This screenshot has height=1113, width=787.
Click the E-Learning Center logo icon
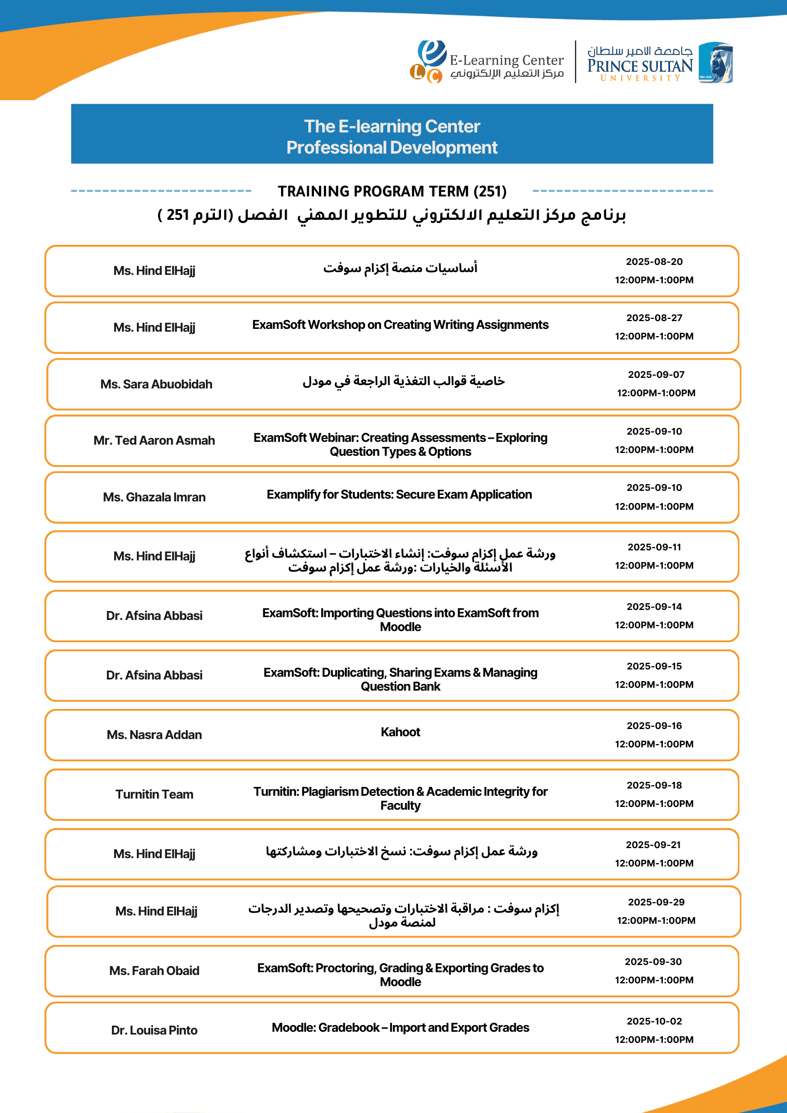tap(429, 62)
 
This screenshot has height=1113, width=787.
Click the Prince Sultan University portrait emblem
tap(716, 62)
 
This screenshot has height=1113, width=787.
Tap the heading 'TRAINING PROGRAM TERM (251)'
tap(392, 191)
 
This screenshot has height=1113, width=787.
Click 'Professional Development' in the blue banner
tap(392, 147)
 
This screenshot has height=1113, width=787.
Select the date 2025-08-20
tap(654, 262)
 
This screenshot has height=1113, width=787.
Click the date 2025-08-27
tap(654, 318)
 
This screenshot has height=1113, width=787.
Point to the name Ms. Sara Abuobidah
tap(156, 384)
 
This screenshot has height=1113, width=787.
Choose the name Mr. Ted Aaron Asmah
tap(154, 440)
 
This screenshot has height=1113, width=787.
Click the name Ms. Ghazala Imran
tap(154, 497)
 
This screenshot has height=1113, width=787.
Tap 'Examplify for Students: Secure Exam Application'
tap(399, 494)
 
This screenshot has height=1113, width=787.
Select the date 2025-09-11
tap(654, 547)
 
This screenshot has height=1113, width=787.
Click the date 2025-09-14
tap(654, 607)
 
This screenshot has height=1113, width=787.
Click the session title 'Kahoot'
tap(400, 732)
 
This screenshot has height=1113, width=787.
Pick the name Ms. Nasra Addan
tap(154, 735)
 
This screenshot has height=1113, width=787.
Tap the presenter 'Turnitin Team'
tap(154, 794)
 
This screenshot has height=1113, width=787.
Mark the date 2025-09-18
tap(654, 785)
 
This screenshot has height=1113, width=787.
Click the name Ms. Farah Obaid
tap(154, 971)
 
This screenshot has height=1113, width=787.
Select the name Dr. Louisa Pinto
tap(154, 1030)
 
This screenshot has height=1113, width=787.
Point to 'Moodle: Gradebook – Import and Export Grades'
tap(400, 1027)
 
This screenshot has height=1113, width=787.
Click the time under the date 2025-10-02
tap(654, 1040)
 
